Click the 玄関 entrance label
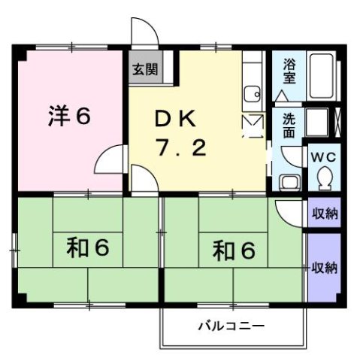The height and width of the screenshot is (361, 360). tap(145, 71)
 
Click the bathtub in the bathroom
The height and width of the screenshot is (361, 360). tap(325, 76)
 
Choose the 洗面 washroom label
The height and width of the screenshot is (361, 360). tap(289, 126)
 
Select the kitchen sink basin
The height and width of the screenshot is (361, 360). tap(251, 95)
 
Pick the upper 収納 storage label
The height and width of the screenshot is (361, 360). tap(325, 213)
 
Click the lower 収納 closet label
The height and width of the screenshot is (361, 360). tap(325, 267)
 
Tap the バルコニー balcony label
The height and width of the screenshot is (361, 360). tap(228, 326)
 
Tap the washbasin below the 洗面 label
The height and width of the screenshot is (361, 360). tap(289, 181)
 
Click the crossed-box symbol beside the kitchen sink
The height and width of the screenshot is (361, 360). tap(253, 125)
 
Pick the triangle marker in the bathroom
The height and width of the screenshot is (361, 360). tap(281, 96)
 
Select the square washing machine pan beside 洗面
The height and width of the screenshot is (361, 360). tap(316, 122)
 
